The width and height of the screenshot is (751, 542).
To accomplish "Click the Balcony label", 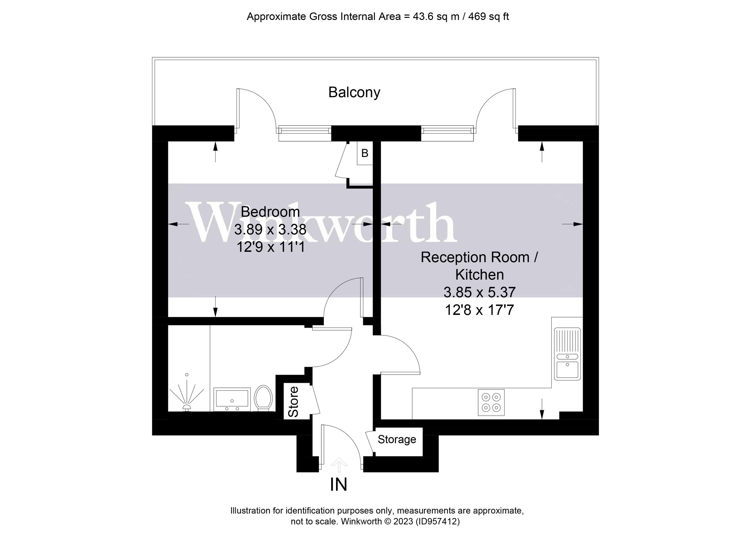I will (354, 92).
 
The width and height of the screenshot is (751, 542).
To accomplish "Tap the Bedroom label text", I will (270, 212).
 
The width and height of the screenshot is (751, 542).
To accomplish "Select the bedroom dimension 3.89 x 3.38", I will (270, 230).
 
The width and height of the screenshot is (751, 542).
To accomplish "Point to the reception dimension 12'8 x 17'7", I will (479, 310).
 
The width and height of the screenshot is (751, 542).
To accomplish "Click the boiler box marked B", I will (365, 153).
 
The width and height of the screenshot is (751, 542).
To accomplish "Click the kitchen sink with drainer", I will (567, 354).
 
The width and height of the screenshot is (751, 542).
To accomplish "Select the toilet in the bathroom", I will (263, 398).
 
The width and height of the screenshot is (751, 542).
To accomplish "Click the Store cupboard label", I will (294, 402).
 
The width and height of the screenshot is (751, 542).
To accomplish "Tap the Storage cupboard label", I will (397, 439).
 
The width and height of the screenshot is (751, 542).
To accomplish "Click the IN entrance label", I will (338, 485).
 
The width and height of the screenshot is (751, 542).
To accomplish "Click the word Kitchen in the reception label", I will (479, 275).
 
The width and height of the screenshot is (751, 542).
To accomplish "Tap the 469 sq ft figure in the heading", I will (488, 17).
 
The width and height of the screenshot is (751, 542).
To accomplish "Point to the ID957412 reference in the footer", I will (438, 521).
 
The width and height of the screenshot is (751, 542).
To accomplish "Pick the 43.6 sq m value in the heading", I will (436, 17).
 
